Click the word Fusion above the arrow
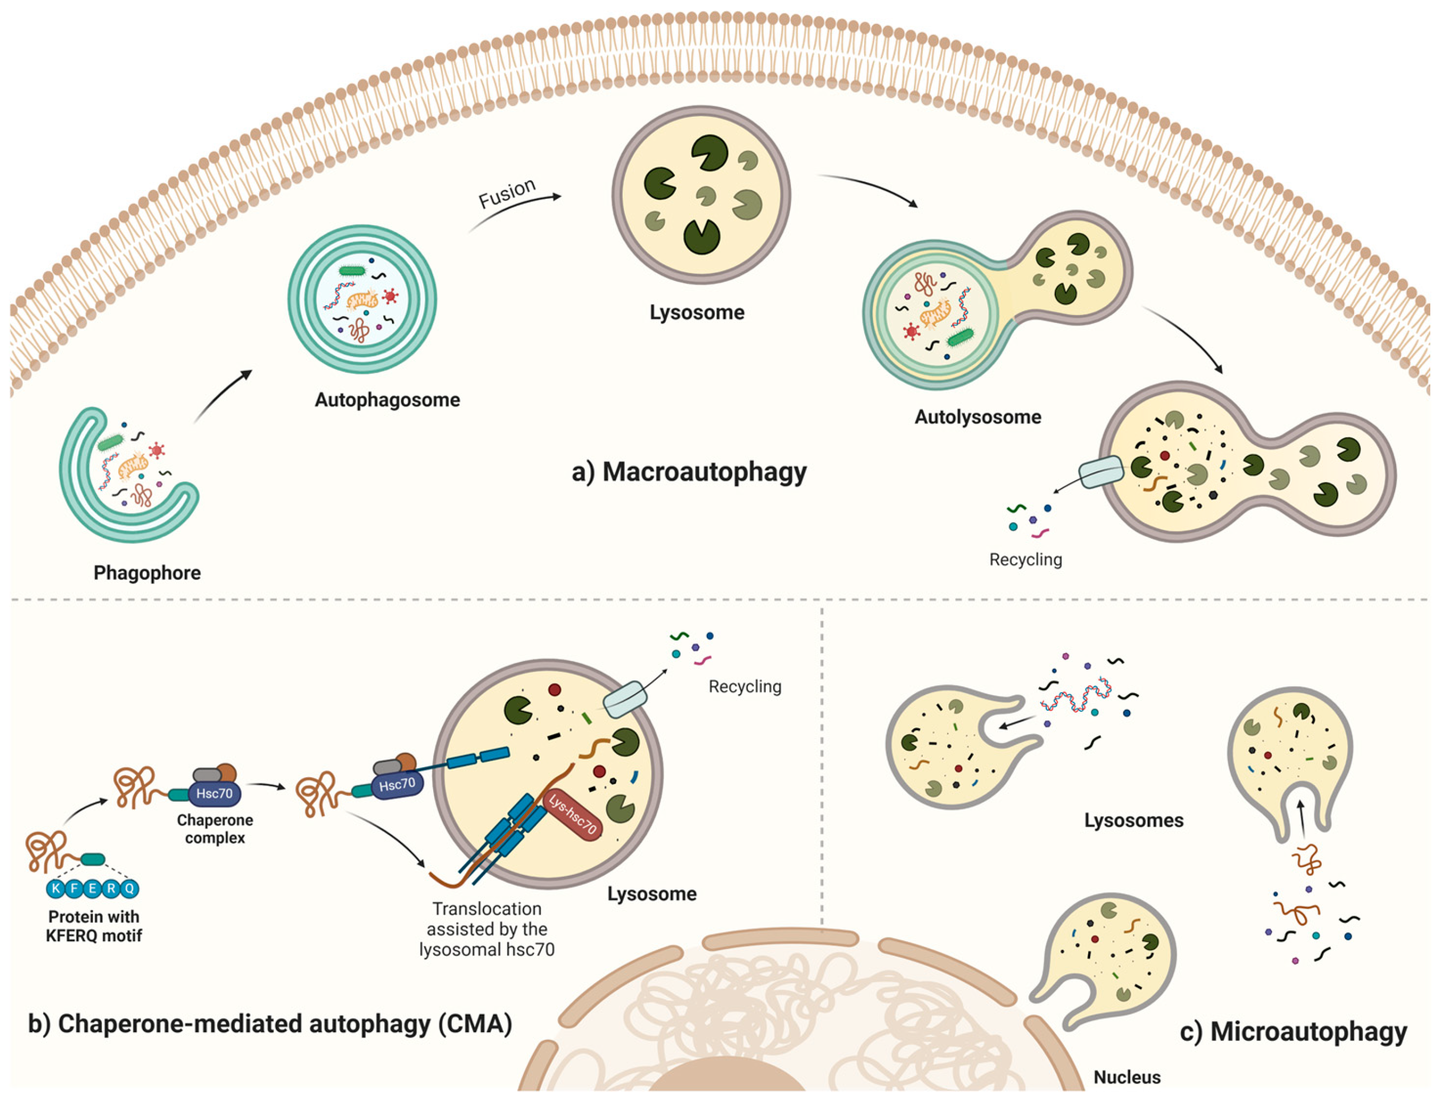click(507, 193)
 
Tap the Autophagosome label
click(387, 400)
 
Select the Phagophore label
click(147, 573)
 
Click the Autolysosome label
click(977, 417)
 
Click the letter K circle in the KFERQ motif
click(56, 889)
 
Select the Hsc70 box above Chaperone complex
click(214, 794)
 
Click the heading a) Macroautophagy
click(689, 471)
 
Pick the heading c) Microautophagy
click(1293, 1032)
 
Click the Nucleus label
click(1126, 1077)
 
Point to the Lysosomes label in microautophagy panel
click(1133, 821)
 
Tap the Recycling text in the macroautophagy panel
click(1025, 560)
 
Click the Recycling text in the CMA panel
click(745, 686)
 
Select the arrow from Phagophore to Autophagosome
click(223, 396)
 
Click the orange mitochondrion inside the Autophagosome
click(363, 301)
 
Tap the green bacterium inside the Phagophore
click(111, 443)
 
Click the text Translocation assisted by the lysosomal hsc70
click(487, 929)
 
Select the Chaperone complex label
click(215, 829)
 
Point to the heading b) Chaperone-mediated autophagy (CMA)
click(270, 1024)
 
